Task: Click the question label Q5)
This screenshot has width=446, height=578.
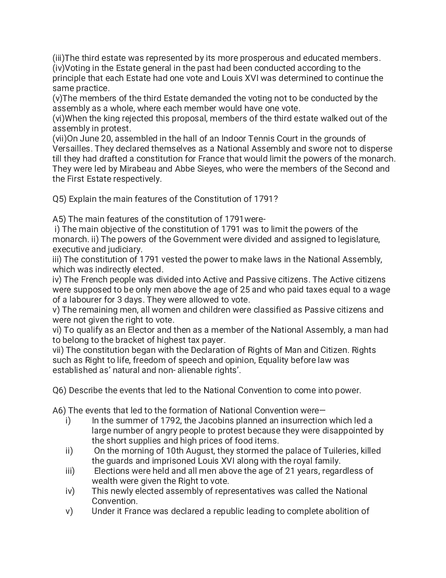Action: [x=59, y=199]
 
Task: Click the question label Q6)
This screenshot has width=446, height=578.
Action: [x=59, y=391]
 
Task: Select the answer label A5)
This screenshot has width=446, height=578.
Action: [x=59, y=219]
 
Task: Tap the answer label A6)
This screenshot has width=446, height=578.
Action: [x=59, y=411]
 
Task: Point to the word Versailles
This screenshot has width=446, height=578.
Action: [x=72, y=149]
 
